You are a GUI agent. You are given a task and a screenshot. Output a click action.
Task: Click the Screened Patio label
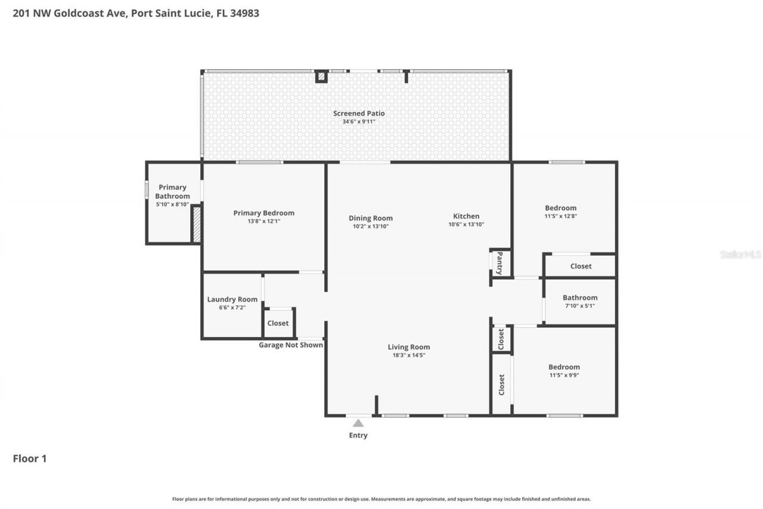[x=358, y=113]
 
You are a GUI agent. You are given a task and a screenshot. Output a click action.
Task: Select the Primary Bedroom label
[x=263, y=213]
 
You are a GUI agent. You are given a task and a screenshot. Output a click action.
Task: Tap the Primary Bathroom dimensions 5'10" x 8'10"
[x=172, y=205]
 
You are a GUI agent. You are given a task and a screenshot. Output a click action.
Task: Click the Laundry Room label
[x=232, y=300]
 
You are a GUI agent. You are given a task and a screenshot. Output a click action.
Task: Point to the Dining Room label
[x=370, y=218]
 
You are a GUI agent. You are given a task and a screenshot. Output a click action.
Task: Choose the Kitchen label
[x=466, y=216]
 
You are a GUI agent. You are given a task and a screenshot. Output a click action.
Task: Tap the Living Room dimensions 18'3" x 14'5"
[x=408, y=355]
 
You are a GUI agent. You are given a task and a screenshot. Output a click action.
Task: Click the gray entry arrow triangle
[x=358, y=423]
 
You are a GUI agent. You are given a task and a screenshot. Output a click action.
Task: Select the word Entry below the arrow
[x=358, y=436]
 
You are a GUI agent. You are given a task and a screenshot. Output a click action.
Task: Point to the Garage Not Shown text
[x=290, y=345]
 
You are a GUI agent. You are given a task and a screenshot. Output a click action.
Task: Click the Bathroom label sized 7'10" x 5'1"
[x=579, y=298]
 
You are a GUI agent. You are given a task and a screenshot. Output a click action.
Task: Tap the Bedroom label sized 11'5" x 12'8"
[x=560, y=208]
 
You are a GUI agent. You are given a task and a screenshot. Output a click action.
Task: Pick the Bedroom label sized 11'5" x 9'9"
[x=564, y=367]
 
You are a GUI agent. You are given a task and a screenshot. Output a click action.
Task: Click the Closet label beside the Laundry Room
[x=278, y=323]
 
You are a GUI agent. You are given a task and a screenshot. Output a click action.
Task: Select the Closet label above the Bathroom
[x=581, y=266]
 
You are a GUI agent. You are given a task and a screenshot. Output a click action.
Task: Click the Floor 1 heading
[x=29, y=459]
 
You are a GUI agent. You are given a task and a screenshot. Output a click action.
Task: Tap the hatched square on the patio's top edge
[x=321, y=76]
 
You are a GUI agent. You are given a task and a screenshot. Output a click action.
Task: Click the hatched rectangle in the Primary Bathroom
[x=196, y=224]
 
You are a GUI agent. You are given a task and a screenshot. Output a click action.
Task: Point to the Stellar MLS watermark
[x=740, y=255]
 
